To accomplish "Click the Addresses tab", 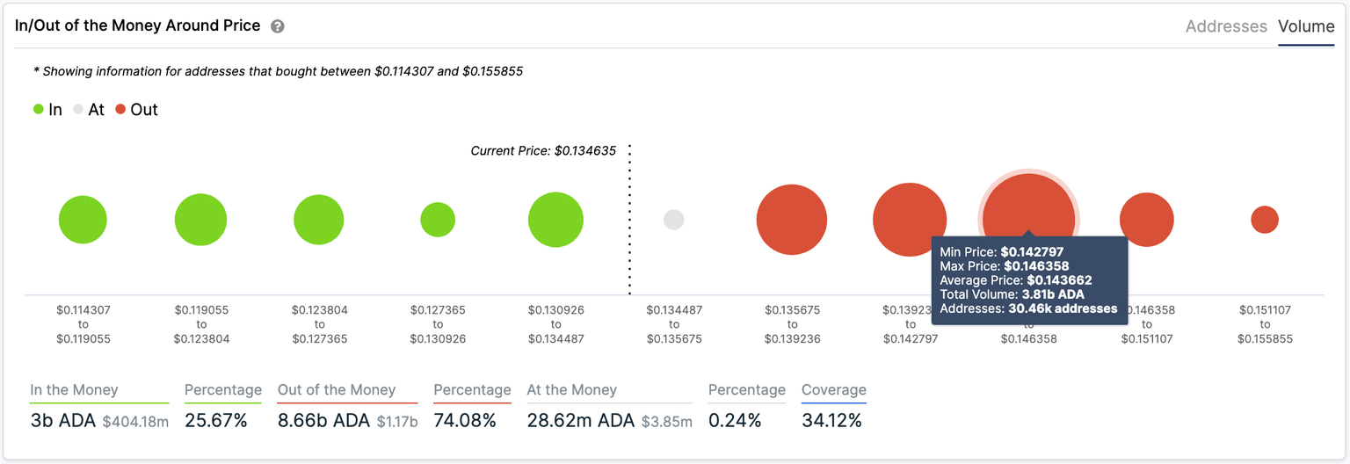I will pos(1226,26).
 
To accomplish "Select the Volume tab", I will pos(1306,26).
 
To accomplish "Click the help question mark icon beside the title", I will pos(278,26).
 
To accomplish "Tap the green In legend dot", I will pos(39,110).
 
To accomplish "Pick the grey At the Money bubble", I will pos(673,220).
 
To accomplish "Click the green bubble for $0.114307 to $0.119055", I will pos(83,220).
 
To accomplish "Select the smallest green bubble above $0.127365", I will pos(438,220).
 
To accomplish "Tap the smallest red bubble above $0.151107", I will pos(1264,220).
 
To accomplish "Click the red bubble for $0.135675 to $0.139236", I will pos(791,220).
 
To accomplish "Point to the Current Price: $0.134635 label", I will pos(543,151).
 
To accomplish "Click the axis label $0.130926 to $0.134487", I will pos(555,324).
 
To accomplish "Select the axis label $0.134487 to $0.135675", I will pos(674,324).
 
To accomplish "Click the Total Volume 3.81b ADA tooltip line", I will pos(1012,294).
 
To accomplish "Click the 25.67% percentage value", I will pos(216,421).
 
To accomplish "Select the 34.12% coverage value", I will pos(831,421).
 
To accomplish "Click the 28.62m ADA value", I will pos(580,421).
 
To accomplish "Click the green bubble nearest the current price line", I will pos(555,220).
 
